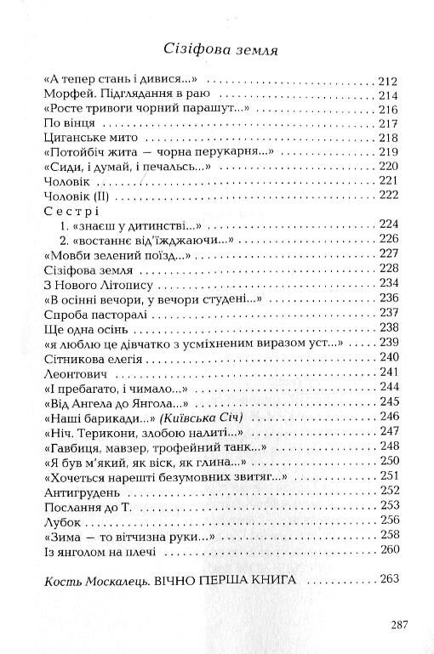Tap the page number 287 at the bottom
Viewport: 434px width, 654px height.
click(402, 624)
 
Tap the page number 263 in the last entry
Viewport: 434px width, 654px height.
click(388, 581)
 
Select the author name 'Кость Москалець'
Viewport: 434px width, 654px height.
click(94, 581)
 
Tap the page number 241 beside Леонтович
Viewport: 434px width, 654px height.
click(388, 371)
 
